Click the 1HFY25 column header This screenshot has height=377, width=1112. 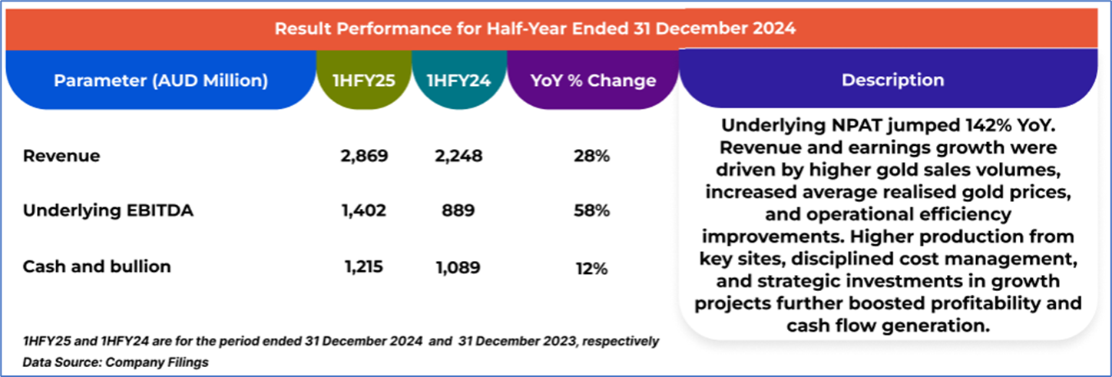click(363, 81)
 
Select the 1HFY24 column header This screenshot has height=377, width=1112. click(458, 81)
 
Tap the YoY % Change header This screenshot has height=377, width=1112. click(594, 81)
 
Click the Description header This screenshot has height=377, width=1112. click(892, 80)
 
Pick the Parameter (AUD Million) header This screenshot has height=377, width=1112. click(161, 81)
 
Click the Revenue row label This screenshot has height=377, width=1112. click(61, 156)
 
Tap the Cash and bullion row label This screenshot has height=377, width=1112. click(97, 266)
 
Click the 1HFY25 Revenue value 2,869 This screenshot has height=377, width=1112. click(363, 156)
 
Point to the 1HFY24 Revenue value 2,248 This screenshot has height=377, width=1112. click(458, 156)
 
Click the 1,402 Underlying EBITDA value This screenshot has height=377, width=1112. click(363, 211)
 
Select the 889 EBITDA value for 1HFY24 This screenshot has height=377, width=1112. click(458, 211)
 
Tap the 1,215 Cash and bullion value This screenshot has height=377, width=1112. click(363, 267)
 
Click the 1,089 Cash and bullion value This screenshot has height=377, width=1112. click(458, 267)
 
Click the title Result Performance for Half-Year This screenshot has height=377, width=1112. click(535, 29)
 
